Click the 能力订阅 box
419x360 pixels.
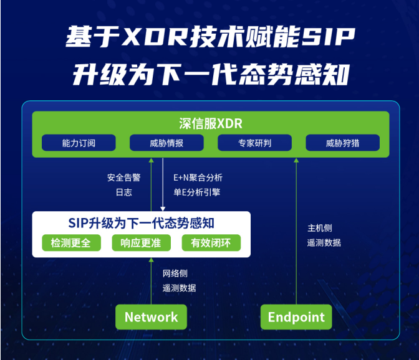[79, 143]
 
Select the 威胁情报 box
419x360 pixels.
[166, 143]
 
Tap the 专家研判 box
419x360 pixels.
[254, 143]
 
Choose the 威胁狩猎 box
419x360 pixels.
[342, 143]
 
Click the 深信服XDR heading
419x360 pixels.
[211, 123]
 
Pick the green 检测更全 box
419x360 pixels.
[71, 243]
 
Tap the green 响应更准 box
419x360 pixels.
[141, 243]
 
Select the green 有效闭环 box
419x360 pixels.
[211, 243]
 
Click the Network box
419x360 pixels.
[151, 317]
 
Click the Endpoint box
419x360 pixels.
[296, 317]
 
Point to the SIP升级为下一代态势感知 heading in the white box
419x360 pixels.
[141, 223]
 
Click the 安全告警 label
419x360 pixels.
[123, 178]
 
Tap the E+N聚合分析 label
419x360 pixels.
[198, 178]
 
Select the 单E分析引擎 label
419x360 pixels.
[196, 192]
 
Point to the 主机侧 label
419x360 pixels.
[320, 228]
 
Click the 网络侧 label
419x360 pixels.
[175, 273]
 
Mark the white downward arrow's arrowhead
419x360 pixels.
[163, 209]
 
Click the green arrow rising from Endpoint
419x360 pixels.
[296, 231]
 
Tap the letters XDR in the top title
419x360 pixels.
[155, 37]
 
